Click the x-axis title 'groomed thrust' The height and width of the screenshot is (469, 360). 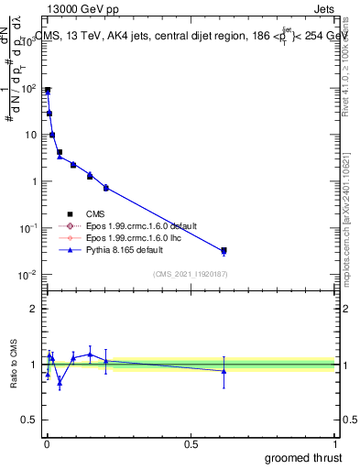pos(303,456)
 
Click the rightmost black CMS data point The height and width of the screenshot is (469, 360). pos(224,250)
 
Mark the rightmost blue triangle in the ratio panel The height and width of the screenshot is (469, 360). pos(224,371)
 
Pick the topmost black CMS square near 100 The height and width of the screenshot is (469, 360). pos(48,91)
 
